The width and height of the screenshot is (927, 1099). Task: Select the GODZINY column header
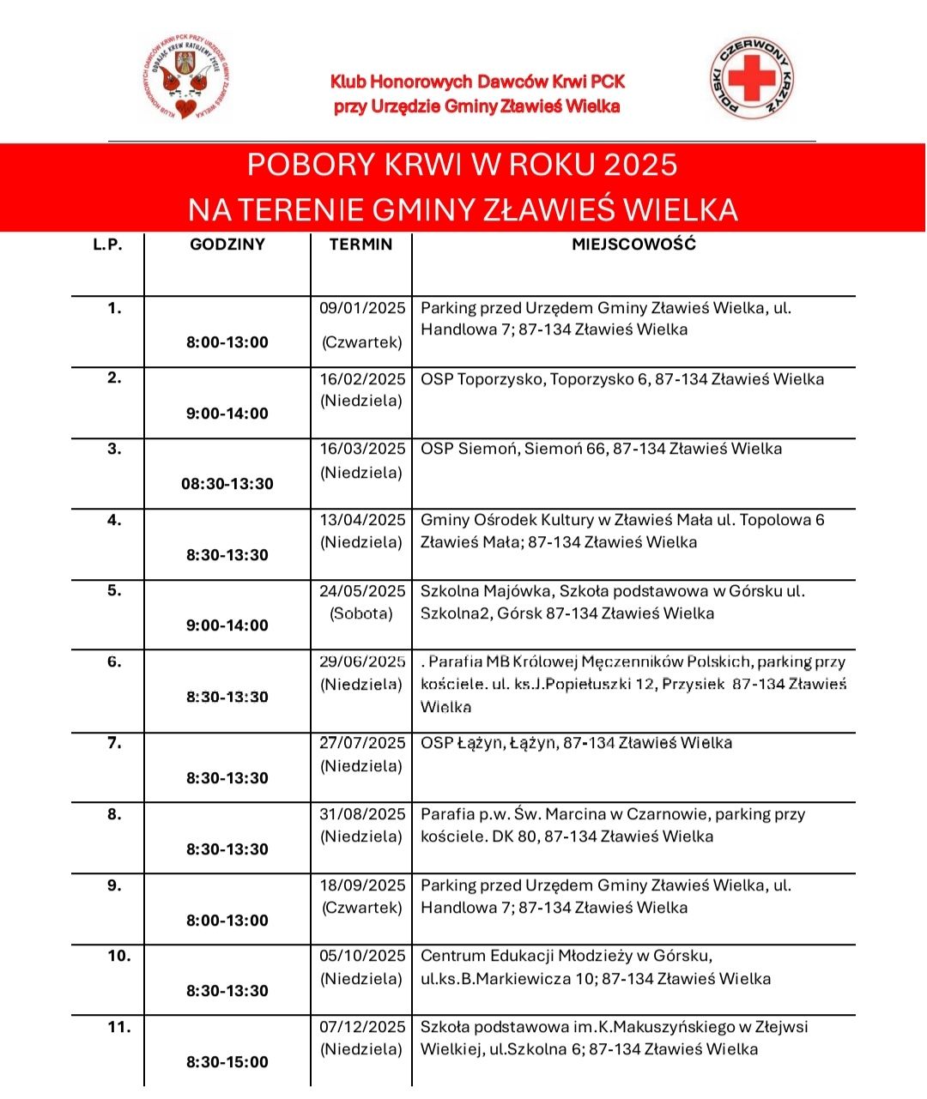227,245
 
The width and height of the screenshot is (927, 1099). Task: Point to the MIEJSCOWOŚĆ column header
633,245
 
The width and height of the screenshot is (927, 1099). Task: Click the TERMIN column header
360,245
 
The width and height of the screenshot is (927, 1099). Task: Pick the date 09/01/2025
362,308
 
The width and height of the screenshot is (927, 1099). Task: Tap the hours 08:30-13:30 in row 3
227,484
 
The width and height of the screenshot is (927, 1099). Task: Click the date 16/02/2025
362,379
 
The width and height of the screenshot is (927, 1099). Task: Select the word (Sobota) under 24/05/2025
361,613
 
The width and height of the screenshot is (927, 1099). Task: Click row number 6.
114,661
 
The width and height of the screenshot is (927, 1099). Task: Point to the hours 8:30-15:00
227,1062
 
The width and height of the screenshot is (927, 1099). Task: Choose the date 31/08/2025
362,814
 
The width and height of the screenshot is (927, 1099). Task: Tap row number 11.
118,1027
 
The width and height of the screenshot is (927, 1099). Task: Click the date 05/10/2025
362,956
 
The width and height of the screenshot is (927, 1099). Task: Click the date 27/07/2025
362,743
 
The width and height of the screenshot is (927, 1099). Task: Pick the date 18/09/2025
362,885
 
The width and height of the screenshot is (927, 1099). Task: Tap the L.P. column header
108,245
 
